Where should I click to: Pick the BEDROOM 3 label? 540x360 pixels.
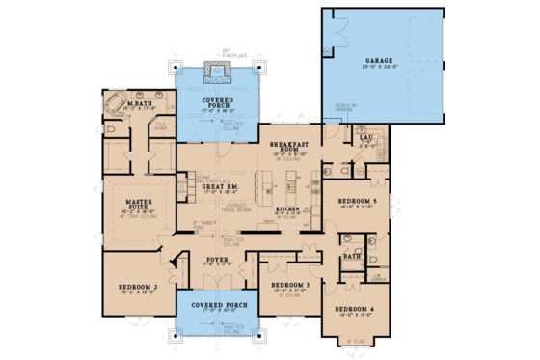[290, 286]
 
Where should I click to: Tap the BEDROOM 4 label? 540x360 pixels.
[357, 311]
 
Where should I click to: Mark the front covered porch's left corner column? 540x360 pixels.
[176, 338]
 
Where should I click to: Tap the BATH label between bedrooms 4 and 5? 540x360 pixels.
[353, 257]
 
